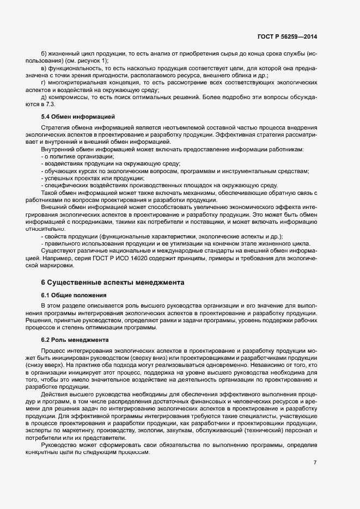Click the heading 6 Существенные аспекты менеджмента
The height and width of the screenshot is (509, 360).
(113, 282)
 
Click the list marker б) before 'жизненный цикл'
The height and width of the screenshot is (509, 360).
(44, 53)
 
